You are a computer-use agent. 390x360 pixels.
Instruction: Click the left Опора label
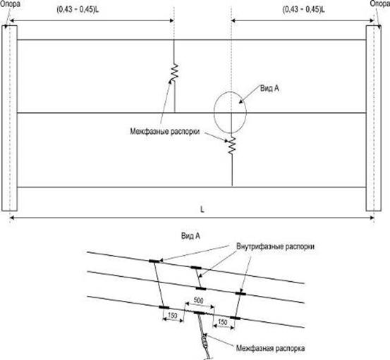click(x=10, y=4)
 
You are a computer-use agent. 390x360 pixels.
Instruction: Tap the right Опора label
click(x=380, y=4)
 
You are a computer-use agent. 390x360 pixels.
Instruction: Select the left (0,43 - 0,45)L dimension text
click(x=78, y=9)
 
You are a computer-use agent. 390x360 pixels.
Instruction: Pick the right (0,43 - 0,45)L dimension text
click(x=303, y=9)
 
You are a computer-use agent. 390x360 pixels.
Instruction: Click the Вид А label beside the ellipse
click(x=269, y=88)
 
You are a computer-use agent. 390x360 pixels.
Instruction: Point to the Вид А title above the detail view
click(x=190, y=236)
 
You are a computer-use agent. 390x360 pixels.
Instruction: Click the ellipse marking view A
click(x=214, y=112)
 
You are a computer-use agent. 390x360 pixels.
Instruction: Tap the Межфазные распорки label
click(x=165, y=131)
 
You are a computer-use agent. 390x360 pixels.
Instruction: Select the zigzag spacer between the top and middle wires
click(x=175, y=72)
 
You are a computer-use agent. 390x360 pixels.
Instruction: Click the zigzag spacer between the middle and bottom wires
click(x=232, y=146)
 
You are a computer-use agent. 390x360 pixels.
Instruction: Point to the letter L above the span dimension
click(x=202, y=210)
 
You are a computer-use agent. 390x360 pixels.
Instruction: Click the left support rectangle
click(x=3, y=118)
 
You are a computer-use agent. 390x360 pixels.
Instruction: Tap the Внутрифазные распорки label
click(x=275, y=247)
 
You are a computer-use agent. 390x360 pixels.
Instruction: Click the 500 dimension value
click(x=198, y=300)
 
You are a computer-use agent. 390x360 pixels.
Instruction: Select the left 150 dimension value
click(x=172, y=316)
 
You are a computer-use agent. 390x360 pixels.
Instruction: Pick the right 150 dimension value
click(x=223, y=322)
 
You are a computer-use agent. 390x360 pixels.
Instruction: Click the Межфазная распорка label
click(x=270, y=348)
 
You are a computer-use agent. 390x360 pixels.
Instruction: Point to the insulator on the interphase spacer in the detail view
click(x=205, y=341)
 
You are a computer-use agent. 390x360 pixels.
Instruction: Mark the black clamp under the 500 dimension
click(x=200, y=313)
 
